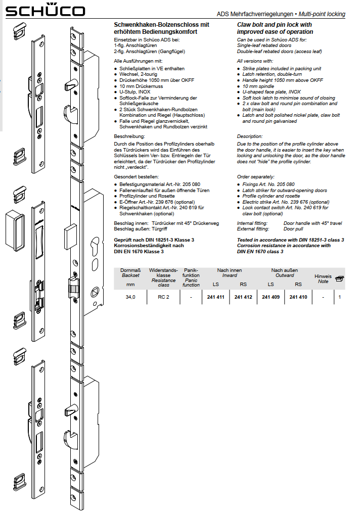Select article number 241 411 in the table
[215, 297]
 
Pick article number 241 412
[243, 297]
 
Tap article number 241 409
[271, 297]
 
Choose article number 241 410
[298, 297]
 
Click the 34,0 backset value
[130, 297]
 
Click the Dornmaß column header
[130, 271]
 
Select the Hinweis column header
[323, 276]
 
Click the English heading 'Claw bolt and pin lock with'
[275, 24]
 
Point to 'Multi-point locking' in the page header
[322, 14]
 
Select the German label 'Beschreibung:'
[129, 136]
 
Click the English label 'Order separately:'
[256, 177]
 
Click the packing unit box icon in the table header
[339, 277]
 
